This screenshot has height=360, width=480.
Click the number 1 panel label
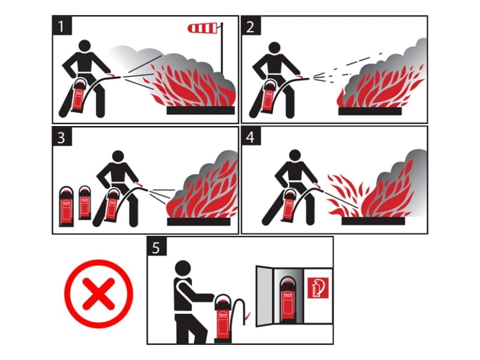pos(62,26)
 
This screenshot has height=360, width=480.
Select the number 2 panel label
pos(251,26)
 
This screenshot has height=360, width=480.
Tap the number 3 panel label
pos(62,137)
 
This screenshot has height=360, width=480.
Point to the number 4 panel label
pos(251,137)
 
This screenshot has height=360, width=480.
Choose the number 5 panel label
pos(157,247)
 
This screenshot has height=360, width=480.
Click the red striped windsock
pos(203,28)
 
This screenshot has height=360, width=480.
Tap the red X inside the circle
pos(98,293)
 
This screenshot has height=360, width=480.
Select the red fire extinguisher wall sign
pos(318,288)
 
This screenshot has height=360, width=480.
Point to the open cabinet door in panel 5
pos(264,296)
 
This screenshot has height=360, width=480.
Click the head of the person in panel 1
pos(85,46)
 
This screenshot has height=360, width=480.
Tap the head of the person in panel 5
pos(183,268)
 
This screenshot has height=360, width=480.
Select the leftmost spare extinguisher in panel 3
pos(67,206)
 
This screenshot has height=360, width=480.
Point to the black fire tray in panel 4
pos(373,221)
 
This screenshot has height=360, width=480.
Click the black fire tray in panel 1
pos(200,110)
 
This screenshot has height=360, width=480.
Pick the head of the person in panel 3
pos(118,156)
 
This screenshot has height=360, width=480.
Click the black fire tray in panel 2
pos(370,111)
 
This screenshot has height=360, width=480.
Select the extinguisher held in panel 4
pos(289,205)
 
